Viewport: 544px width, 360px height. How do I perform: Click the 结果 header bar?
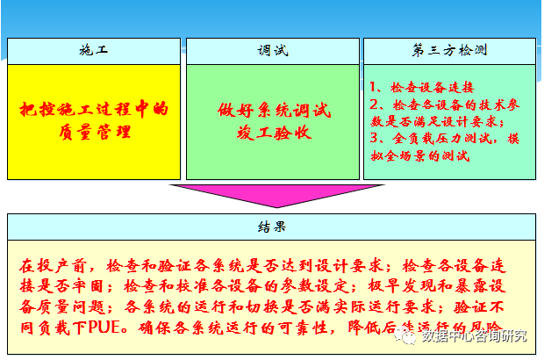pyautogui.click(x=272, y=227)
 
